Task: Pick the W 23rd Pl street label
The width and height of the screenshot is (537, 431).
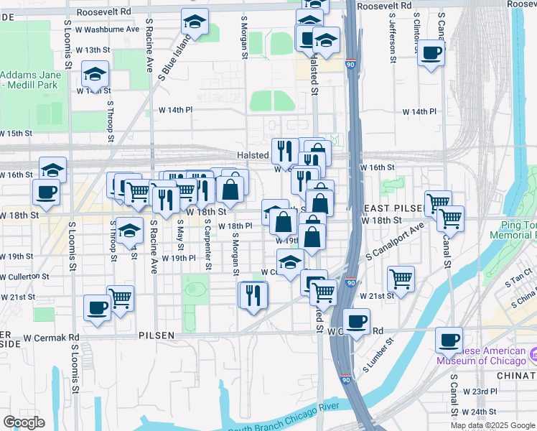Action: [x=480, y=391]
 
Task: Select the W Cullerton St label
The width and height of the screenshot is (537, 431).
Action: [x=24, y=276]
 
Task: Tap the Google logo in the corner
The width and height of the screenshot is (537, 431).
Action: [x=24, y=422]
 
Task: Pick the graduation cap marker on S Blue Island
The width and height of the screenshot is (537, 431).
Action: [x=195, y=22]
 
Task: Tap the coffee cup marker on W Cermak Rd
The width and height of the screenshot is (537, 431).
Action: [x=356, y=321]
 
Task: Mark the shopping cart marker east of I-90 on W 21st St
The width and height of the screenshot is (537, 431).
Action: [x=401, y=277]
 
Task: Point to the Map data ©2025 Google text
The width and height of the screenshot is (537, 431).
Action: [x=492, y=425]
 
